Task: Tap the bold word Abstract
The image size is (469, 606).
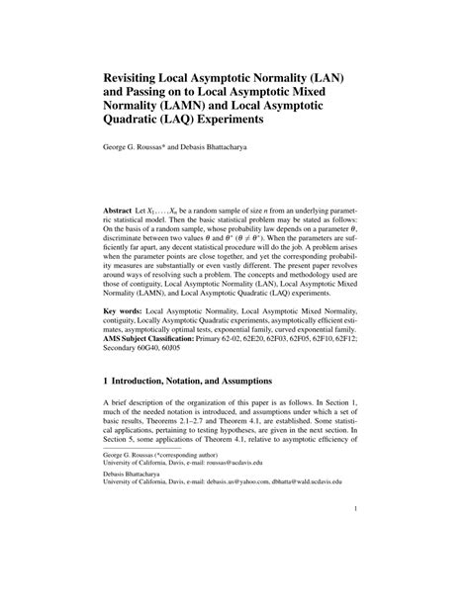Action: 121,214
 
